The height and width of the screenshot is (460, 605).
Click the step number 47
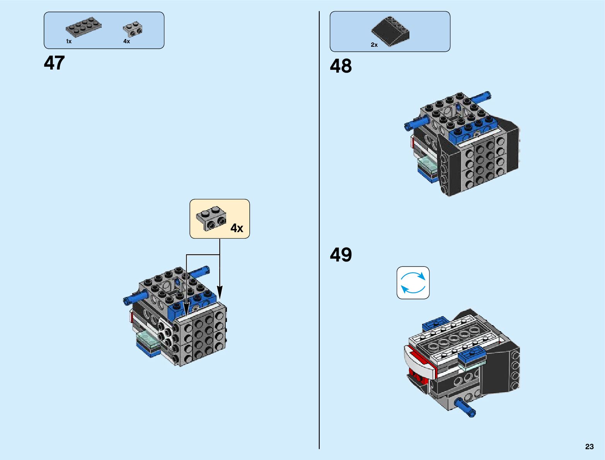tap(54, 63)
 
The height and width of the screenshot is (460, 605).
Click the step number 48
tap(341, 66)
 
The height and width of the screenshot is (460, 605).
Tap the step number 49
tap(341, 255)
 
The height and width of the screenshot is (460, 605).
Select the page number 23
tap(589, 446)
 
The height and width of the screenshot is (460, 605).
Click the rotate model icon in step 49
tap(413, 283)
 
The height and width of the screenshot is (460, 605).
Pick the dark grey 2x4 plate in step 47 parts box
tap(84, 26)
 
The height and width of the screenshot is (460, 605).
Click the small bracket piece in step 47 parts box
tap(133, 29)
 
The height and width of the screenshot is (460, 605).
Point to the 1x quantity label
tap(69, 41)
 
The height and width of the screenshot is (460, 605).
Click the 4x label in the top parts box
tap(126, 41)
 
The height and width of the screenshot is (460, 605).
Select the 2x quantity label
tap(374, 45)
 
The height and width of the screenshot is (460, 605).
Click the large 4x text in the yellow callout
tap(237, 228)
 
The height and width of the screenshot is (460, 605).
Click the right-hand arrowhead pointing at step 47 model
tap(219, 292)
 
